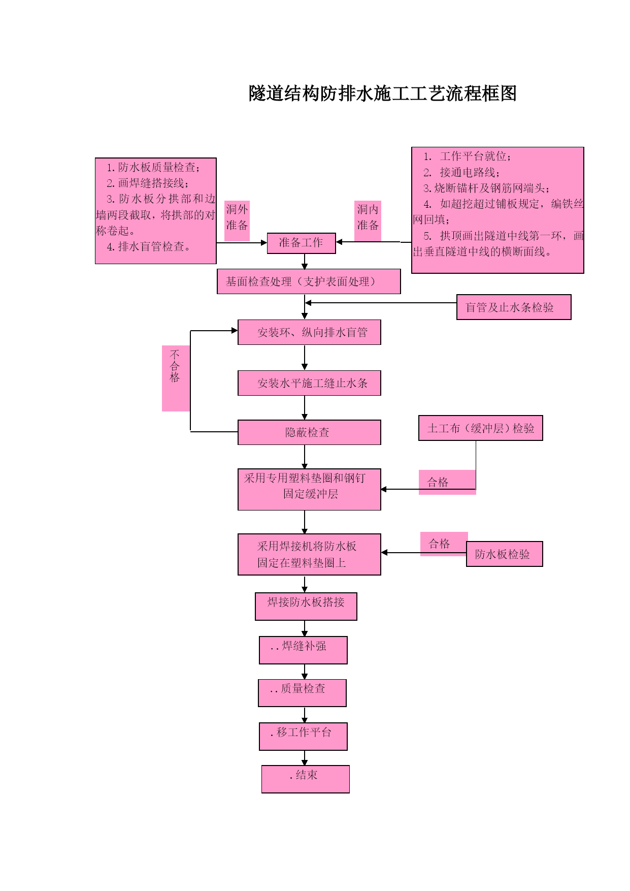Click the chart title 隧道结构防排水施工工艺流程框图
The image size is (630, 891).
383,93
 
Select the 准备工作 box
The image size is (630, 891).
302,243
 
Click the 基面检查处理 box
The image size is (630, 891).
309,281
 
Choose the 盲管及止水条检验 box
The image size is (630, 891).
514,307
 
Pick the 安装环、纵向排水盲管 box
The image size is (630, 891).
309,332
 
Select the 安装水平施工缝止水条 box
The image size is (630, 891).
309,383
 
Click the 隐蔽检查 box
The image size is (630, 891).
309,432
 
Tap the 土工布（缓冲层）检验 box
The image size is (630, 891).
481,428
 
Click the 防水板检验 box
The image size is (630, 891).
505,554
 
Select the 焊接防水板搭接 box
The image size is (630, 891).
306,607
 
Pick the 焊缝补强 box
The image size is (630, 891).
303,650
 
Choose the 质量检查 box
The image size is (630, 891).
302,693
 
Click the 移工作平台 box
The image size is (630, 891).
303,737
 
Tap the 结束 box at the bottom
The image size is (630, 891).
306,779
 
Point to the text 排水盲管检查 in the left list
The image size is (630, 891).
151,247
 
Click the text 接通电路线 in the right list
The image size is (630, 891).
467,173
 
